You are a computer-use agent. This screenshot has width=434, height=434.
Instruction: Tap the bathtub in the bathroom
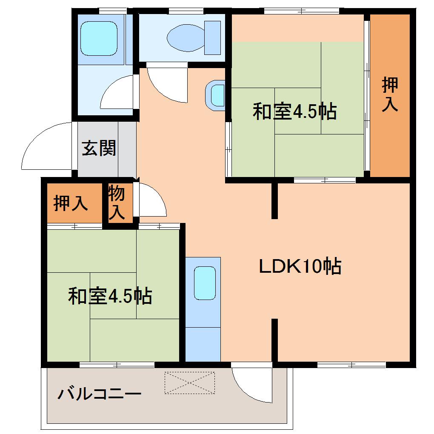(99, 39)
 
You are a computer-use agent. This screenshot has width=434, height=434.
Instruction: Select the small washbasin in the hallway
(217, 94)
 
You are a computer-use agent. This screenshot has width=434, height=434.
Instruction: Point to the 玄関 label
(99, 148)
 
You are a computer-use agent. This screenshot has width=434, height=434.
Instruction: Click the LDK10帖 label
(300, 267)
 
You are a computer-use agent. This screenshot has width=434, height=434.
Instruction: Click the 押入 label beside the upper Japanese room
(389, 94)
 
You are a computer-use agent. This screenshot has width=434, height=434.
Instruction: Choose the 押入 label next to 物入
(71, 204)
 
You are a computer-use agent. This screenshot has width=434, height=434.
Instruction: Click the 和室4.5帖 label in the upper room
(294, 112)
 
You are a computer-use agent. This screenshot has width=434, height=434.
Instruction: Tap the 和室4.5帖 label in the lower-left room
(110, 296)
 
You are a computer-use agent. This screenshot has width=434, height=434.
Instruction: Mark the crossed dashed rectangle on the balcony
(190, 382)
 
